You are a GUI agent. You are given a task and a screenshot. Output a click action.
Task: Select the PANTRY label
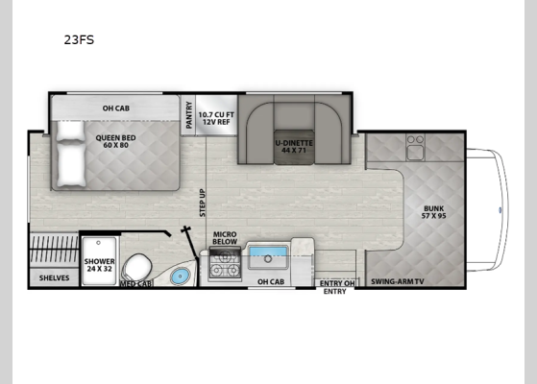tap(188, 113)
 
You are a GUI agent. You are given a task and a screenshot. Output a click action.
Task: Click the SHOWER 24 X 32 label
tap(99, 264)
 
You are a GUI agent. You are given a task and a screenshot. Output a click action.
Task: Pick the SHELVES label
tap(53, 277)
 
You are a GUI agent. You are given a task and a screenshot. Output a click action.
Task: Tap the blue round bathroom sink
tap(179, 276)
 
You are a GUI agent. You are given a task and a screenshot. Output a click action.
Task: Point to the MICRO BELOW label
tap(225, 237)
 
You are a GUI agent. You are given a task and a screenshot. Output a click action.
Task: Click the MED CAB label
tap(135, 284)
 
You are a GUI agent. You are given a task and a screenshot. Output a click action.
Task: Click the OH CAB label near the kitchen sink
tap(269, 281)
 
